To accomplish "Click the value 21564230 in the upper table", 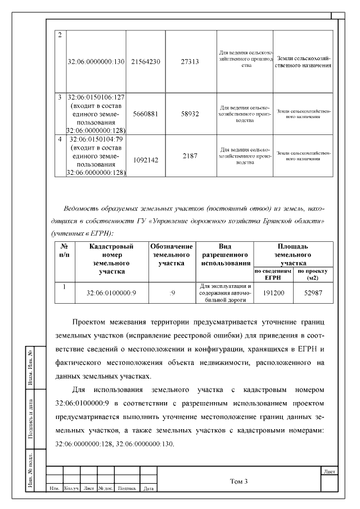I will tap(145, 61).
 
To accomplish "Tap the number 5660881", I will tap(145, 113).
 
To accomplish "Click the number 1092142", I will tap(145, 160).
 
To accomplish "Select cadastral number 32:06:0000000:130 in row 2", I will tap(95, 61).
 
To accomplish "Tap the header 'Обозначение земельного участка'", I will tap(172, 255).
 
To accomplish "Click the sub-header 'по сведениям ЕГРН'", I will tap(273, 274).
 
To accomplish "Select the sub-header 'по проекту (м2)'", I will tap(313, 274).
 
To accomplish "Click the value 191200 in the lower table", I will tap(273, 293).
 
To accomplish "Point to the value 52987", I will tap(313, 293).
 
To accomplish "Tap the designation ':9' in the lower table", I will tap(172, 293).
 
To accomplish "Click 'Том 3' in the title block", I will tap(238, 481).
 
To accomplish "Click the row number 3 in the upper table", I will tap(60, 97).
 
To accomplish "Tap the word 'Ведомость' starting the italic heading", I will tap(83, 208).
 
